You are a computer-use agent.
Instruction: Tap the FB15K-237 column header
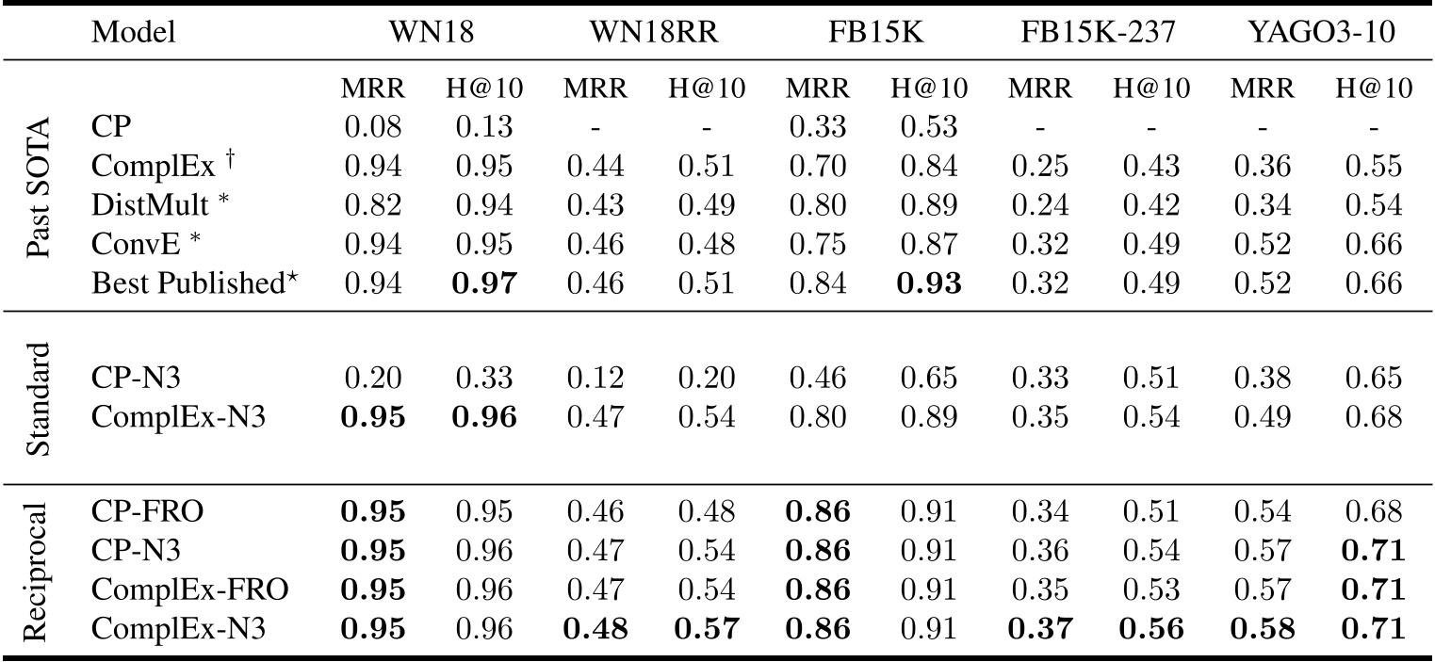tap(1101, 33)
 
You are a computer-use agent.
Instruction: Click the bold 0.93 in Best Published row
tap(929, 283)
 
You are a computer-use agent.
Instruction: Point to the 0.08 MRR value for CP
tap(373, 127)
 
